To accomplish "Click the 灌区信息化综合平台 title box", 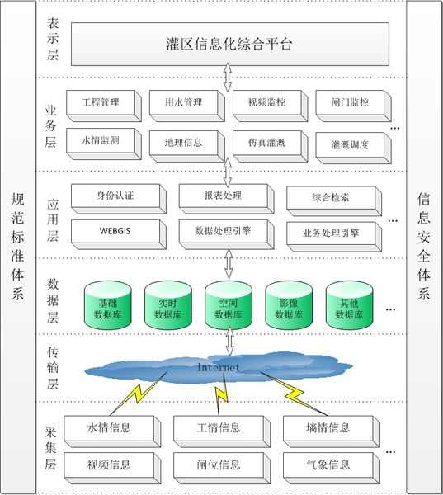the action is click(x=230, y=45).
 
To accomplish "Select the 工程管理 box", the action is click(x=104, y=106).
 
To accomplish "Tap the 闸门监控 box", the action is click(x=353, y=106).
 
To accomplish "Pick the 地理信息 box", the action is click(x=186, y=146).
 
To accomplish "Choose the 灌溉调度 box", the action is click(x=353, y=148).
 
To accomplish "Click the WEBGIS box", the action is click(x=119, y=234).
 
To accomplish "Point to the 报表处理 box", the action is click(x=226, y=199).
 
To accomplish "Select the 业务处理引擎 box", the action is click(x=334, y=237).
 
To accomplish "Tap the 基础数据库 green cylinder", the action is click(x=108, y=305).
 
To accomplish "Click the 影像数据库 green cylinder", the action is click(x=289, y=305).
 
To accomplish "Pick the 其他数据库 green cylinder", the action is click(x=349, y=305).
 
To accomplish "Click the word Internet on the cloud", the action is click(x=218, y=367).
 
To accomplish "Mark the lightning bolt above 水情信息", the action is click(x=139, y=394).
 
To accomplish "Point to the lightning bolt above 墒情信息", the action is click(x=294, y=394).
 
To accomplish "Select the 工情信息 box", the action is click(x=222, y=431).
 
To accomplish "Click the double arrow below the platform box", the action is click(x=228, y=78).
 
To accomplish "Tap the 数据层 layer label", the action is click(x=53, y=300).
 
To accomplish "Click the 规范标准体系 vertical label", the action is click(x=17, y=246).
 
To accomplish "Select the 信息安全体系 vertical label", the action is click(x=423, y=246).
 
